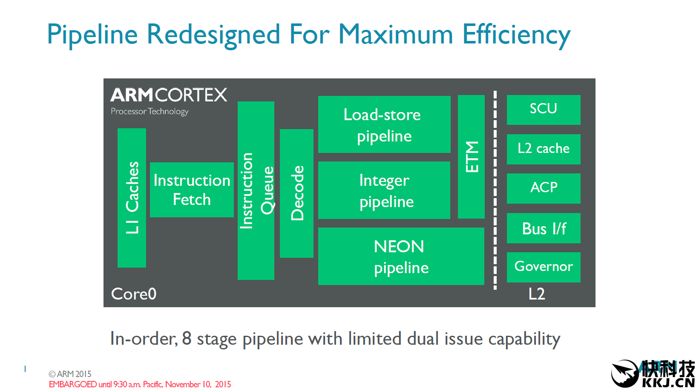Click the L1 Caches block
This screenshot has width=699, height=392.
[132, 198]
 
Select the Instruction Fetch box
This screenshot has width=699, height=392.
[192, 190]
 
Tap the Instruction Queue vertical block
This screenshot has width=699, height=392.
[256, 190]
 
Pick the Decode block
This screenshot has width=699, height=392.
[296, 193]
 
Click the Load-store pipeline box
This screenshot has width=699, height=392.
[384, 124]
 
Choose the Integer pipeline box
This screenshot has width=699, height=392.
[384, 190]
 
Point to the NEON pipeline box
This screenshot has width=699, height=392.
[401, 256]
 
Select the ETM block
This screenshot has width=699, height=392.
[471, 156]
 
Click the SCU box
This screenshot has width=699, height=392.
[543, 110]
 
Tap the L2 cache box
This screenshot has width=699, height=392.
[543, 149]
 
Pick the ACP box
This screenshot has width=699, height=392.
[543, 188]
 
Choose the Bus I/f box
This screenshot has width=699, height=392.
[543, 228]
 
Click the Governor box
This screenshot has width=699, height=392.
[543, 267]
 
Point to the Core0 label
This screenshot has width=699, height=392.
[134, 294]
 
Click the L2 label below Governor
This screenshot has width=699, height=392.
[537, 294]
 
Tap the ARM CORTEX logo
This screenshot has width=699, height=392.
[169, 95]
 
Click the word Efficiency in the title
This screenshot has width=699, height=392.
[516, 35]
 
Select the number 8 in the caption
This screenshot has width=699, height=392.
[187, 338]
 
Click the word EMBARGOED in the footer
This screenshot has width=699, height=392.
[72, 384]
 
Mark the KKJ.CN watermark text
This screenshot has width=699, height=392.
[668, 382]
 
